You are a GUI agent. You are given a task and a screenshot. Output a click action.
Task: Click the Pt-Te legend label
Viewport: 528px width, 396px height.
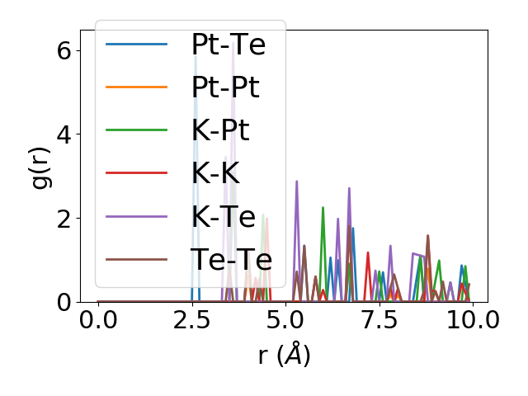pyautogui.click(x=228, y=45)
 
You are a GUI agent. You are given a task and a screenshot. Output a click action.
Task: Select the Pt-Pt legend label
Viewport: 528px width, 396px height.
pyautogui.click(x=224, y=87)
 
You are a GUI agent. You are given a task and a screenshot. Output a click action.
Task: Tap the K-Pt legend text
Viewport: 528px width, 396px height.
pyautogui.click(x=219, y=130)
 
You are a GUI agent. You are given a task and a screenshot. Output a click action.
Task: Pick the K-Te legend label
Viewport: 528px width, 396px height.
pyautogui.click(x=219, y=216)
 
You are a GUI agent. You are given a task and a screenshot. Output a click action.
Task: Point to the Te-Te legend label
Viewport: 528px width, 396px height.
pyautogui.click(x=231, y=259)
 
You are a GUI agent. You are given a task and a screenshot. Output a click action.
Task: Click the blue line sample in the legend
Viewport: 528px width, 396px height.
pyautogui.click(x=137, y=45)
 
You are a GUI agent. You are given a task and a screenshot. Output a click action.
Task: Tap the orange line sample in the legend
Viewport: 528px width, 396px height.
pyautogui.click(x=137, y=87)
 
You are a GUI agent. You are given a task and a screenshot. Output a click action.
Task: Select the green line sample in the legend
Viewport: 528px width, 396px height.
pyautogui.click(x=137, y=130)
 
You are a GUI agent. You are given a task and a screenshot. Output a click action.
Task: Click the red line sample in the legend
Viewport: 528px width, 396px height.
pyautogui.click(x=137, y=173)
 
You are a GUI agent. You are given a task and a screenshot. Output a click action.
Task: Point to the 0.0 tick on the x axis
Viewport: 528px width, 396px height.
pyautogui.click(x=98, y=321)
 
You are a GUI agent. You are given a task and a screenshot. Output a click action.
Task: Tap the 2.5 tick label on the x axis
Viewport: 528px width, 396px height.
pyautogui.click(x=191, y=321)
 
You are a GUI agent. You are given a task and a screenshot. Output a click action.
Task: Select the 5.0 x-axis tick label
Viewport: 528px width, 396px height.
pyautogui.click(x=285, y=321)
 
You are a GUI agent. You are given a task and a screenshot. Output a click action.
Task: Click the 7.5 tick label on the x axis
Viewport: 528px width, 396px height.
pyautogui.click(x=379, y=321)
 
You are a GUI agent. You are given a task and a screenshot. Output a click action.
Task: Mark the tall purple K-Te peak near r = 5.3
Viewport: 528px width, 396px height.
pyautogui.click(x=296, y=182)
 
